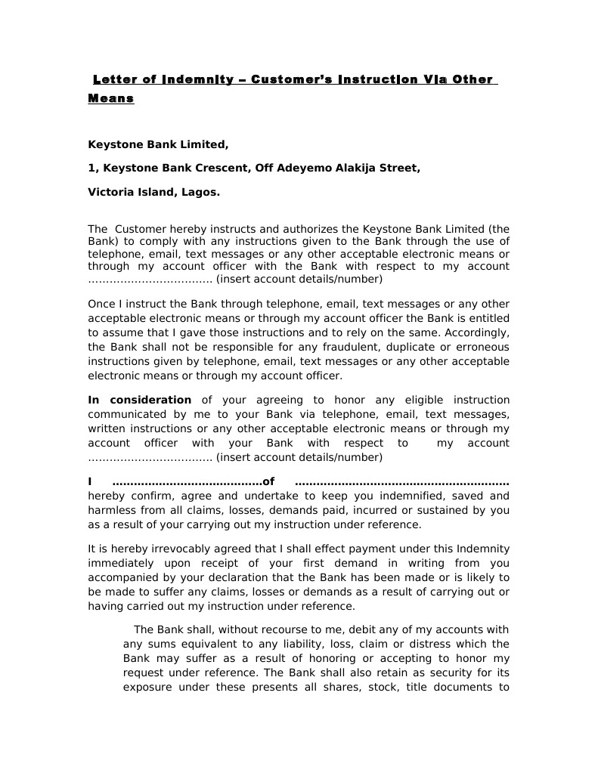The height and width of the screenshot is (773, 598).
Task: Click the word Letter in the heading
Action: [114, 79]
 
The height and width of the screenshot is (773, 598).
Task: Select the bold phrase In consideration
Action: [140, 400]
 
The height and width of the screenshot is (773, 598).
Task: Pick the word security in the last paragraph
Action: [455, 673]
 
